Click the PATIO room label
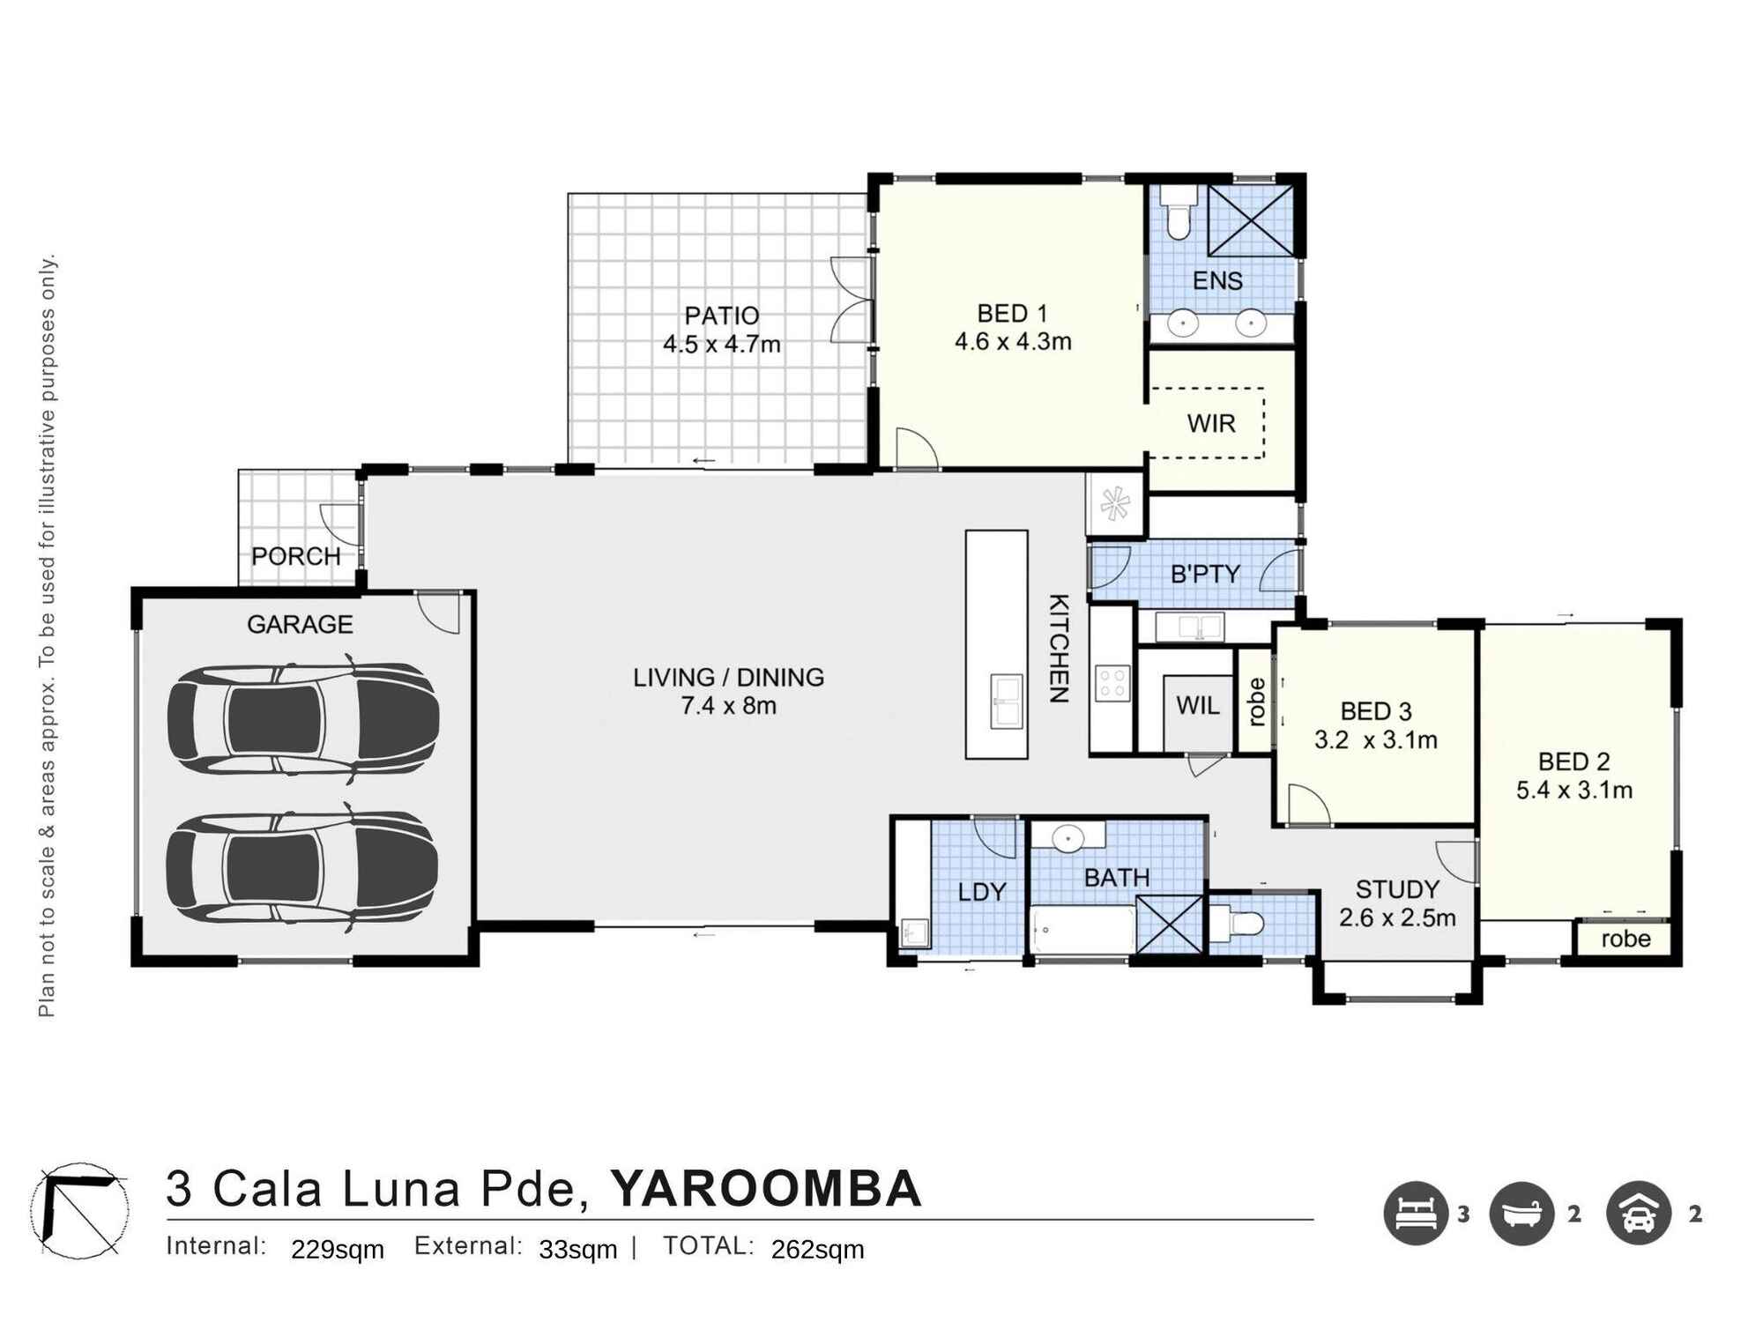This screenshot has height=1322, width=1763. pos(722,316)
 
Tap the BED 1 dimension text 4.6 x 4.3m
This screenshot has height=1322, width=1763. pos(1013,342)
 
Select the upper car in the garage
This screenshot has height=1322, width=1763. pos(303,720)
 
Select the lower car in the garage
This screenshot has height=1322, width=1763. pos(303,867)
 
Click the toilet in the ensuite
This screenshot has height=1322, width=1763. pos(1176,213)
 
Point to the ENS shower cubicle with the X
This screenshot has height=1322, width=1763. pos(1250,219)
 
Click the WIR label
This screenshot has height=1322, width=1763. pos(1211,424)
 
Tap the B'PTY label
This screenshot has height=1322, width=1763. pos(1205,575)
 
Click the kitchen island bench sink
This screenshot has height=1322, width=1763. pos(1007,701)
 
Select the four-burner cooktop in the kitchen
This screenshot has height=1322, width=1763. pos(1112,682)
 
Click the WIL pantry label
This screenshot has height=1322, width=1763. pos(1198,706)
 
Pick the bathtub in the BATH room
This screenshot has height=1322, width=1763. pos(1082,929)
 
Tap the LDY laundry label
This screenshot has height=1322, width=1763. pos(981,893)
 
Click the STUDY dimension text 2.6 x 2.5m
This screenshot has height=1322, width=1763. pos(1397,918)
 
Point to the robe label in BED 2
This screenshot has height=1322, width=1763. pos(1625,939)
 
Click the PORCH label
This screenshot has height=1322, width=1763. pos(296,557)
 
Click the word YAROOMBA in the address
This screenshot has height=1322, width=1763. pos(766,1189)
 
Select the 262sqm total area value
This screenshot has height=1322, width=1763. pos(817,1250)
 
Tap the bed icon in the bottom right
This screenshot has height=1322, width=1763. pos(1416,1214)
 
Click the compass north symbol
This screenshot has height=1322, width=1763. pos(79,1210)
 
